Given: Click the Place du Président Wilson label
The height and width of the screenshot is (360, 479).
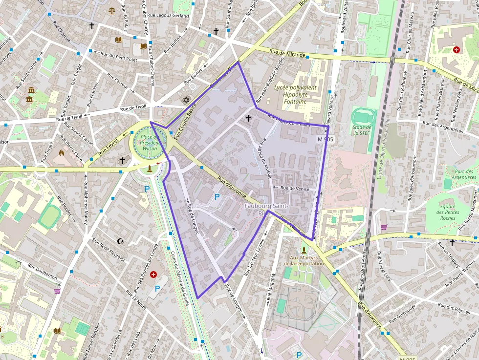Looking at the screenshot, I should (x=147, y=142).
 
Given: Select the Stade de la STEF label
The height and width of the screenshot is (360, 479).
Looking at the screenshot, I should (x=362, y=129).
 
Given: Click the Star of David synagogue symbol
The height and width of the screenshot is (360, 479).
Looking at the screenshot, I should (x=186, y=100).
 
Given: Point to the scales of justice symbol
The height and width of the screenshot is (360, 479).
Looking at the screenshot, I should (x=113, y=9).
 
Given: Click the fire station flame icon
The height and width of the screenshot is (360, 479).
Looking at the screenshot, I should (x=62, y=153).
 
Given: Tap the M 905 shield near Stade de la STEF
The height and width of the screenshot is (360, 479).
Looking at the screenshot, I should (x=325, y=139).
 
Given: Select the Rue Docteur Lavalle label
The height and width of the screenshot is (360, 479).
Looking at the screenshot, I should (x=260, y=253).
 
